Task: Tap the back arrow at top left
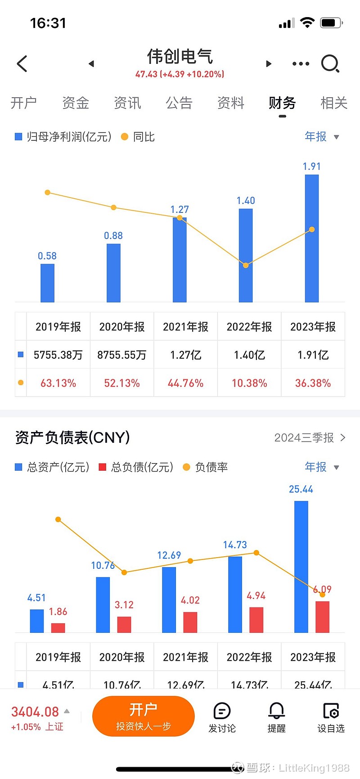click(x=22, y=63)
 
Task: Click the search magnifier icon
click(x=330, y=63)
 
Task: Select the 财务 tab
click(x=282, y=103)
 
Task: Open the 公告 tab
click(x=179, y=103)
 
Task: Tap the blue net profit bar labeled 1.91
click(x=312, y=238)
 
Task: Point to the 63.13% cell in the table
click(x=58, y=383)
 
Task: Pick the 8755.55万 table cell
click(x=122, y=355)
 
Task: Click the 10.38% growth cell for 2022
click(x=249, y=383)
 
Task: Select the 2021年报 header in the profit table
click(x=185, y=327)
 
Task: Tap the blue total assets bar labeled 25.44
click(x=301, y=567)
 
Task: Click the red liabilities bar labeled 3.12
click(x=124, y=624)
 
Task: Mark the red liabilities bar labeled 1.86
click(x=58, y=628)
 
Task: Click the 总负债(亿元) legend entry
click(x=136, y=467)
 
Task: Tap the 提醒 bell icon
click(x=276, y=711)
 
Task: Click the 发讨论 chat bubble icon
click(x=222, y=711)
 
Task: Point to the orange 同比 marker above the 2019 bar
click(x=48, y=193)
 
